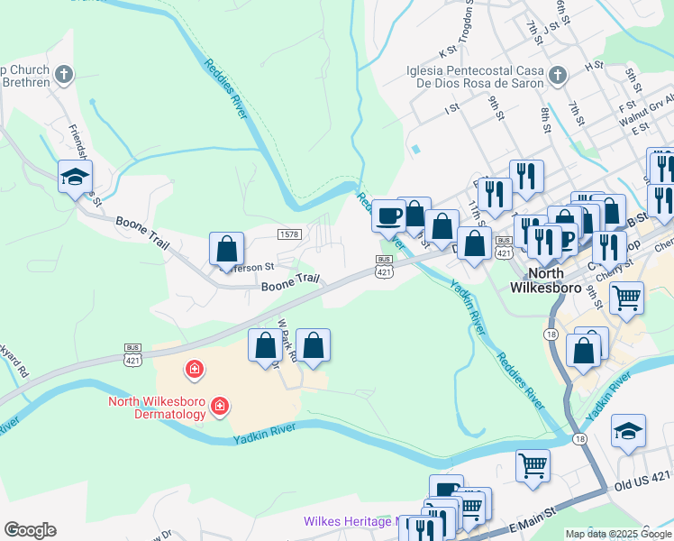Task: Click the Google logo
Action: tap(30, 530)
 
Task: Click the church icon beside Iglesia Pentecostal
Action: tap(557, 75)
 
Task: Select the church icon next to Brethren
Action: tap(63, 75)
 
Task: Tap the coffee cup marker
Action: tap(388, 216)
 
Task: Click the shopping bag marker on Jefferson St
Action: tap(226, 249)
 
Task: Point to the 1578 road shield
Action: tap(288, 234)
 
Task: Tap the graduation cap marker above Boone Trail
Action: tap(76, 177)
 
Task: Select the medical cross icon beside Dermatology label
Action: tap(218, 408)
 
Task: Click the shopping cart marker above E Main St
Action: tap(533, 466)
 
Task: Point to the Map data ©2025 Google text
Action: tap(617, 534)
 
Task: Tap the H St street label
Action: tap(593, 66)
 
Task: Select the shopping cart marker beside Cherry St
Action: tap(626, 296)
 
